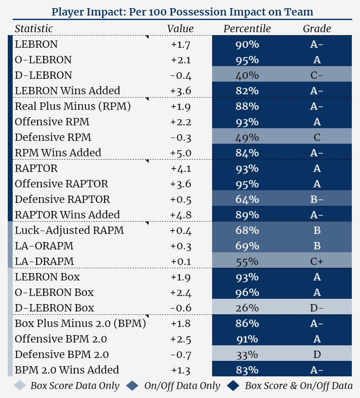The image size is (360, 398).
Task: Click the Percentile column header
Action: tap(247, 29)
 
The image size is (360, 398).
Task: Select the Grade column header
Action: tap(317, 29)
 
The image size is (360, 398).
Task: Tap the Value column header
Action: tap(180, 29)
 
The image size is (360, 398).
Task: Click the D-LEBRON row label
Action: tap(43, 76)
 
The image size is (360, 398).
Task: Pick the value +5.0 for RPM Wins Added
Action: tap(181, 153)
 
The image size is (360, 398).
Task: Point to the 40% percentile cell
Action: tap(247, 76)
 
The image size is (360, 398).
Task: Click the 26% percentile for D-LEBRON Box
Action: tap(247, 308)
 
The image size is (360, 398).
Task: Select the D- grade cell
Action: tap(317, 308)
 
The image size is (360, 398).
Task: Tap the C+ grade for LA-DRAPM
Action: tap(317, 261)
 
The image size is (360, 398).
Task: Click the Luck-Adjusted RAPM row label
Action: tap(69, 231)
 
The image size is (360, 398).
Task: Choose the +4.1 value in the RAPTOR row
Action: tap(181, 169)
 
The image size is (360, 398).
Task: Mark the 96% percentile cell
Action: tap(247, 293)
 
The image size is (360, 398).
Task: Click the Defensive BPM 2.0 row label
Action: tap(62, 355)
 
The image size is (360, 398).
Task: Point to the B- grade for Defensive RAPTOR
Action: tap(317, 200)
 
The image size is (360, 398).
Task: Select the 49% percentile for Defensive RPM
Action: tap(247, 138)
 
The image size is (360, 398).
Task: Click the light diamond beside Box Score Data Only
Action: tap(20, 386)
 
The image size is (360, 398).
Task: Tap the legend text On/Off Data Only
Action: tap(182, 386)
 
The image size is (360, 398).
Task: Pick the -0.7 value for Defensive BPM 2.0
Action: tap(181, 355)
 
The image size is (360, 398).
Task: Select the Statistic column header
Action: tap(34, 29)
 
